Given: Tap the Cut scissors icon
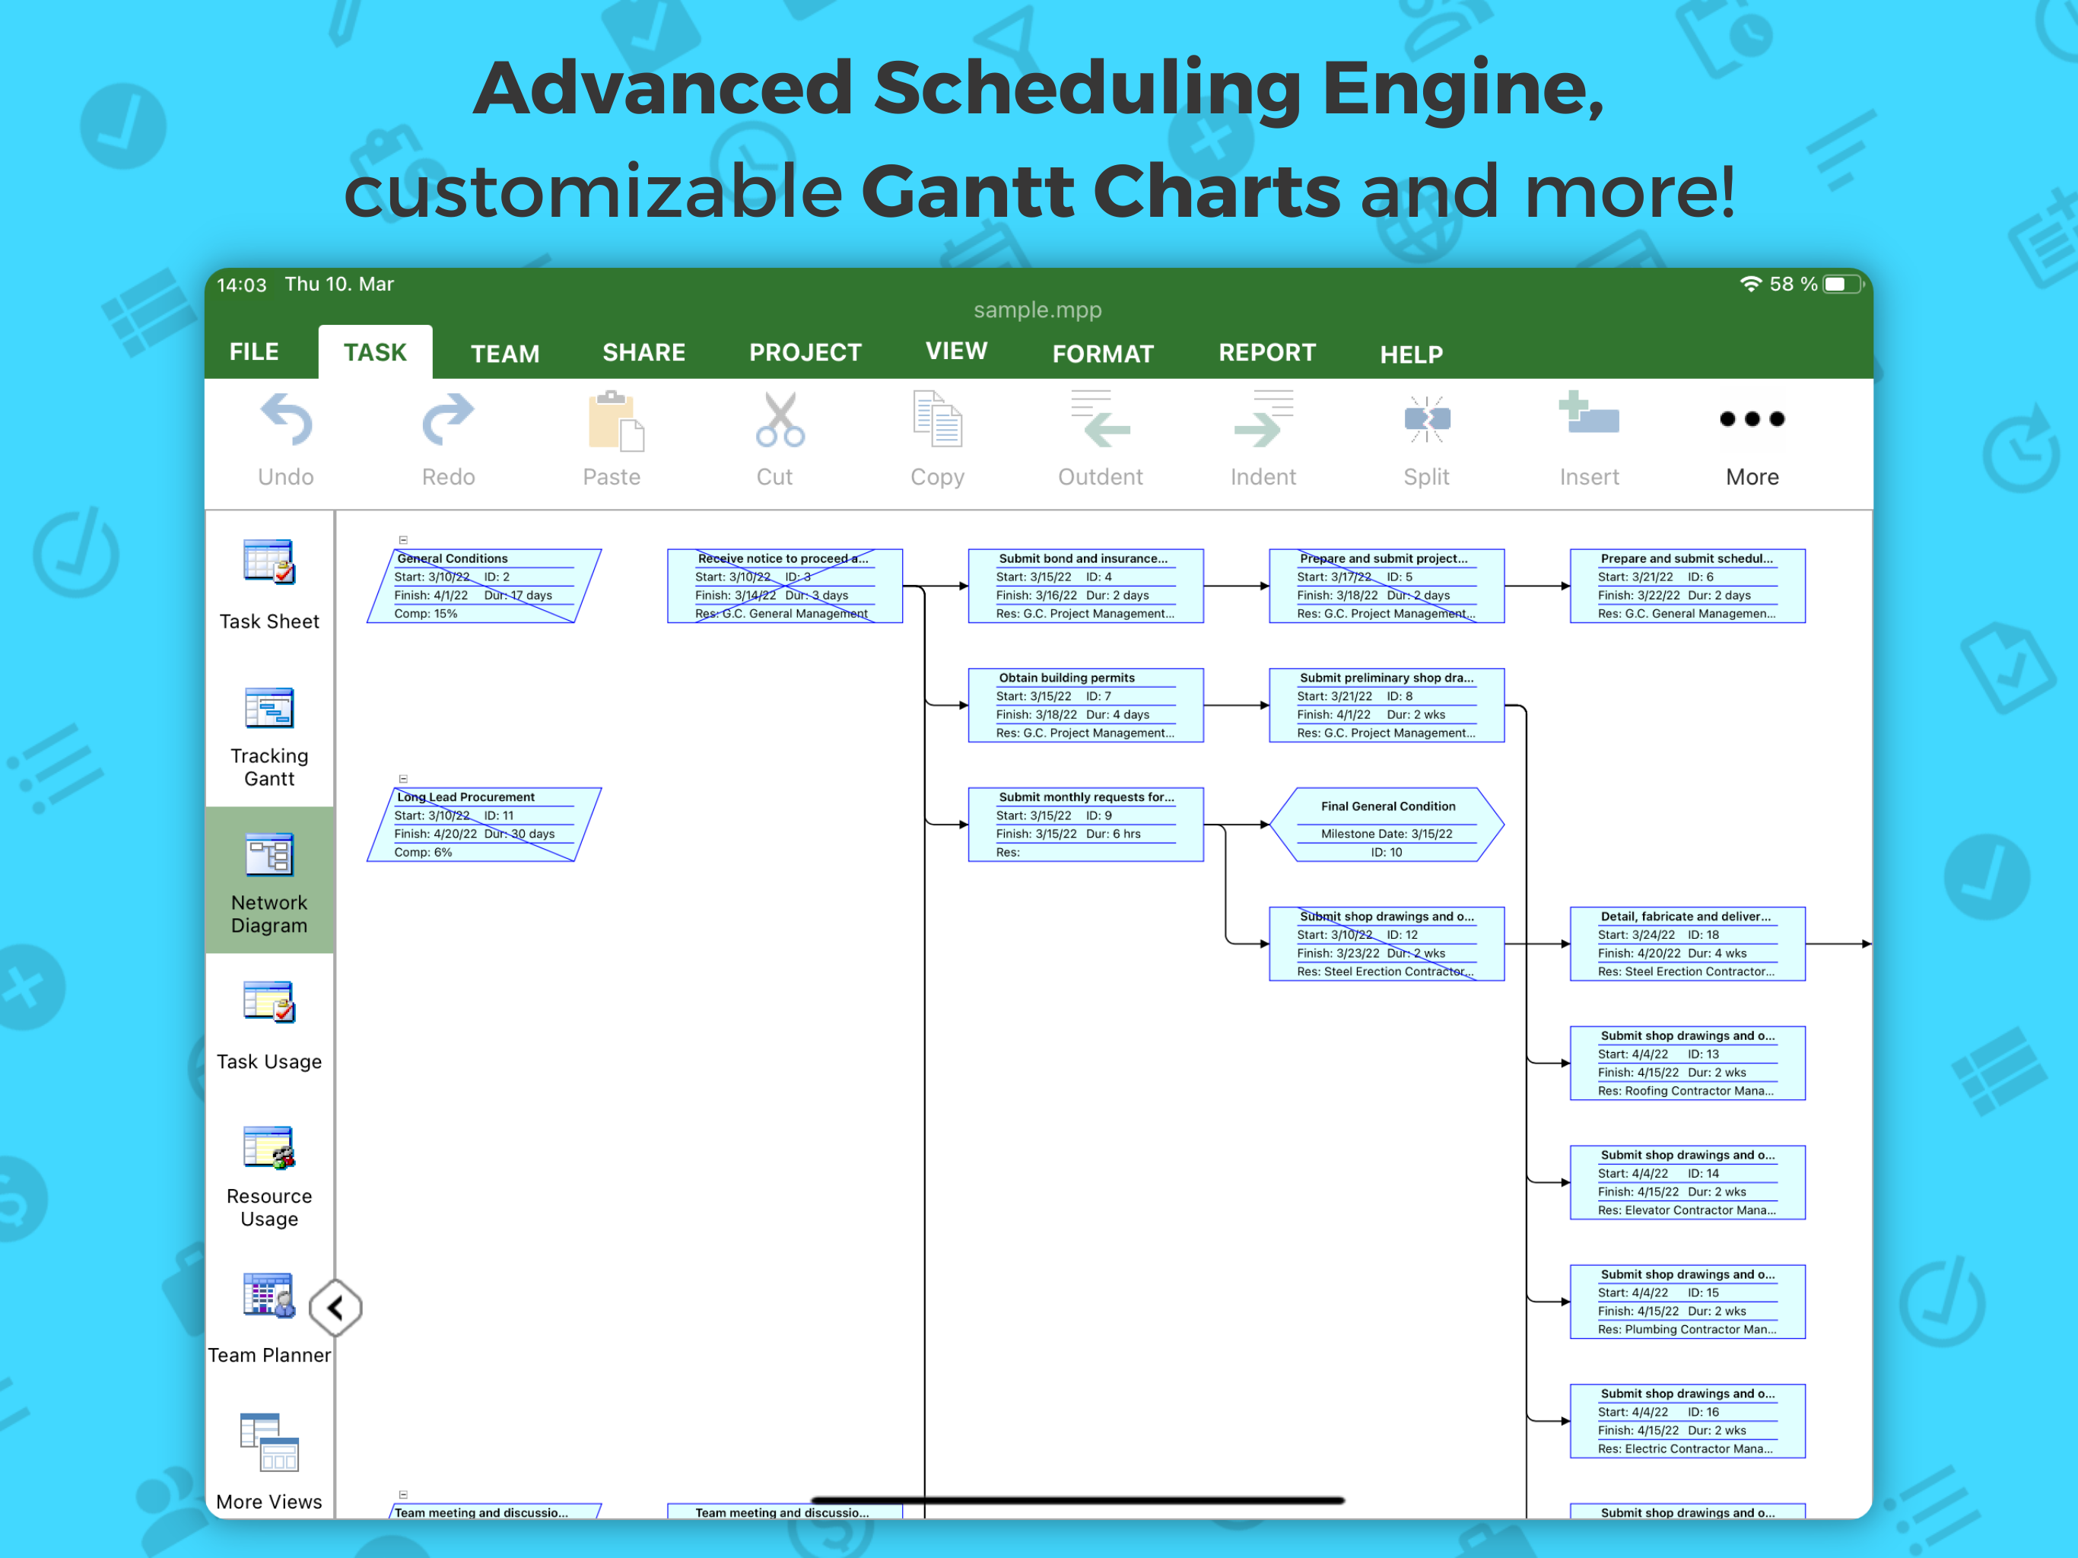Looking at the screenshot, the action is [x=780, y=419].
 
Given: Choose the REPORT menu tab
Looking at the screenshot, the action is [x=1267, y=352].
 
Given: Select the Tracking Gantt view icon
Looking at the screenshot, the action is [x=269, y=708].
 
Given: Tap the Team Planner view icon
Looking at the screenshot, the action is [x=269, y=1296].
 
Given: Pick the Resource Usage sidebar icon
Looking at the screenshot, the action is [x=269, y=1147].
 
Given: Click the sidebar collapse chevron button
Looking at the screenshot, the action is [x=335, y=1307].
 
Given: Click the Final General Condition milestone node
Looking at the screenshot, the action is [x=1387, y=824].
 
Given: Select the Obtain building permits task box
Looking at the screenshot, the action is [x=1086, y=704].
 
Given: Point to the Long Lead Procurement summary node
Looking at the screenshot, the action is [x=484, y=824].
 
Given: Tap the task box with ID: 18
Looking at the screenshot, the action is [x=1687, y=943].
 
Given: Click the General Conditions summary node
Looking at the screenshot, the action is [x=484, y=586].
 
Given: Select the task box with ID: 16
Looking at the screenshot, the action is [x=1687, y=1421].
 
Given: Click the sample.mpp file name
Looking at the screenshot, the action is [x=1038, y=310].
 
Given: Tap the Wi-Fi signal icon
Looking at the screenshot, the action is [x=1750, y=284].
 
